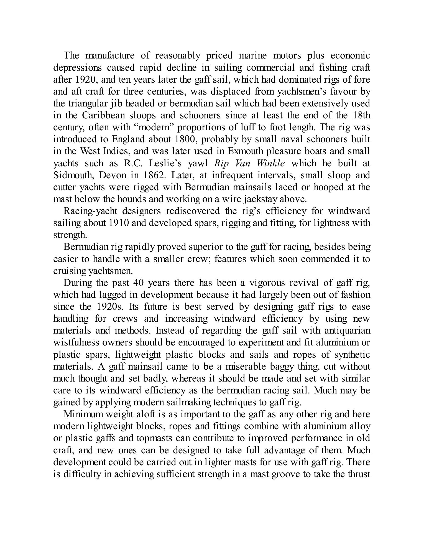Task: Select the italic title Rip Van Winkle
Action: pos(249,163)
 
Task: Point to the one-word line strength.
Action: pos(70,235)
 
